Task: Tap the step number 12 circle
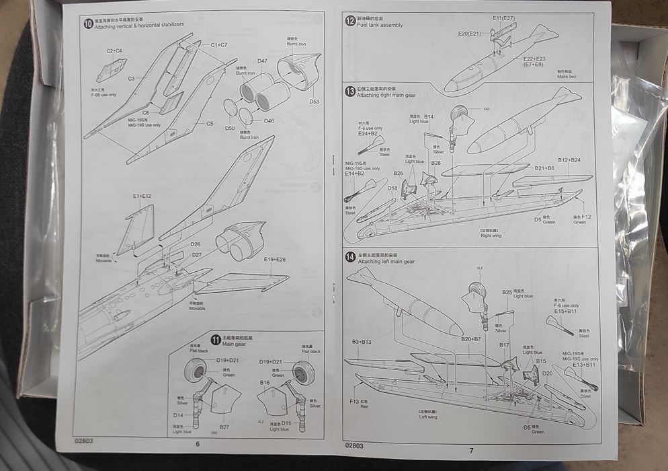(350, 21)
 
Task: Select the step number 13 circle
(350, 91)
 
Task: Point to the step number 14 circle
(350, 257)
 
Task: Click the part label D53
(314, 102)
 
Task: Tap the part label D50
(230, 128)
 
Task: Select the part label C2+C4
(114, 50)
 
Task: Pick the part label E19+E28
(276, 259)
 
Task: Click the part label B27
(224, 427)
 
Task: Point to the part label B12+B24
(569, 160)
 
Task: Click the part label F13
(354, 401)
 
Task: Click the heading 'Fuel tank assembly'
(380, 26)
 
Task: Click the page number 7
(471, 450)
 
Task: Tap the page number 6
(198, 444)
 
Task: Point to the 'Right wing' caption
(491, 236)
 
